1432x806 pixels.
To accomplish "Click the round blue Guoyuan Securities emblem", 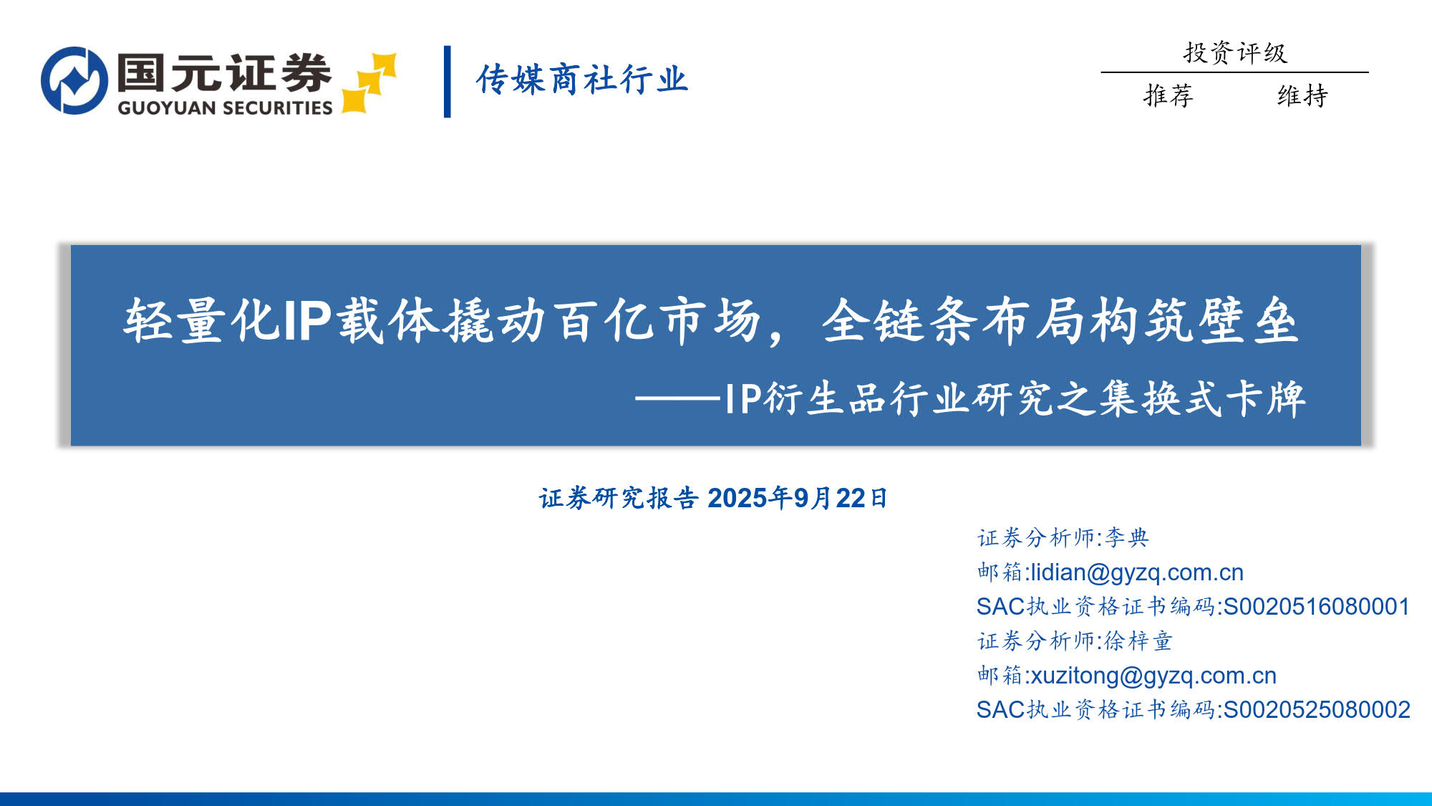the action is coord(74,80).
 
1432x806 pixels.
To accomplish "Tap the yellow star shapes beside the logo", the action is coord(369,83).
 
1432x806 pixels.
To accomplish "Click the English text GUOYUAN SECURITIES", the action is coord(225,107).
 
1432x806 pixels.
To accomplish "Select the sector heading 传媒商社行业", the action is coord(581,79).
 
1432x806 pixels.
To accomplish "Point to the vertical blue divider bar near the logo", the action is coord(447,82).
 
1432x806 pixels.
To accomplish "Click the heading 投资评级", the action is coord(1235,52).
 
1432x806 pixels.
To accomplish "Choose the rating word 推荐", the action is coord(1169,95).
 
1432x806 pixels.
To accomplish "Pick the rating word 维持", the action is coord(1302,95).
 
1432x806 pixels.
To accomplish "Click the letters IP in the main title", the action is coord(307,321).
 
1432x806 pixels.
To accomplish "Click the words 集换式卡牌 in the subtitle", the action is coord(1202,398).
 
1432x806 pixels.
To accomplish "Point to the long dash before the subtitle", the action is coord(677,398).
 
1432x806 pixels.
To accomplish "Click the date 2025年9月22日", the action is coord(798,498).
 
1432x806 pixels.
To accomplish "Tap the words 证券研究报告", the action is coord(619,498).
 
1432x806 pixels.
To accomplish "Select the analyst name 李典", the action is coord(1127,537).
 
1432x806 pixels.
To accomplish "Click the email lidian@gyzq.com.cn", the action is coord(1137,572).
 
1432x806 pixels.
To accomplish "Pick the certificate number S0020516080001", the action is coord(1317,607).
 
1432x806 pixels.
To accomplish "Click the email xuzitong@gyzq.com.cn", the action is coord(1153,676).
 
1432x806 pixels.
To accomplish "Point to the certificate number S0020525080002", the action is coord(1317,710).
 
